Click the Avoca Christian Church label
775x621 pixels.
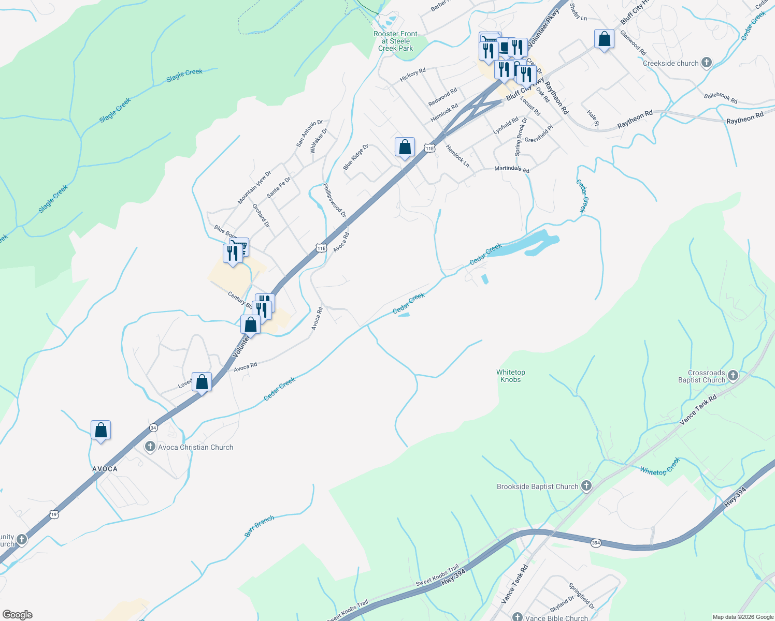195,447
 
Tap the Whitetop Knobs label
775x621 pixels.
511,376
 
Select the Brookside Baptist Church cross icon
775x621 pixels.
586,486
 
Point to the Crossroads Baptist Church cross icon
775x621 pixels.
733,376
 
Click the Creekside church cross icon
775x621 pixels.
706,63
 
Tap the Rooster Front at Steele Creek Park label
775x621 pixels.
395,41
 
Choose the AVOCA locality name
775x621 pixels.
105,469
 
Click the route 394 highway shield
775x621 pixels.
596,543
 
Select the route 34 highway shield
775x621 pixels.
153,428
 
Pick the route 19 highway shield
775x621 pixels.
54,514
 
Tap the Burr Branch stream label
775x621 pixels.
259,526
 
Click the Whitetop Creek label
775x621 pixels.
659,467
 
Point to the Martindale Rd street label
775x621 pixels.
511,169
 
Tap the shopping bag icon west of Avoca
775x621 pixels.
101,431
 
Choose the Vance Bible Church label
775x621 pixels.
556,618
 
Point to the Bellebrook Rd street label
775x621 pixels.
721,98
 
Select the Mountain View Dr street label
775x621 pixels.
254,187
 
